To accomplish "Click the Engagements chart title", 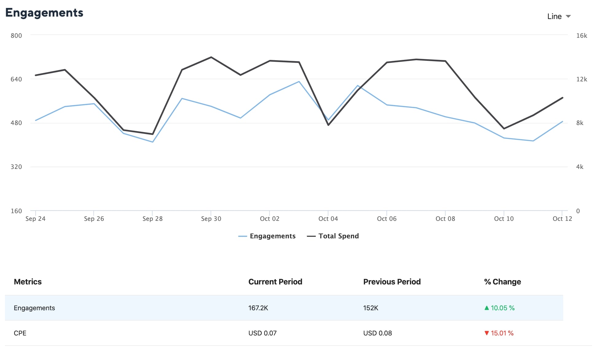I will (44, 13).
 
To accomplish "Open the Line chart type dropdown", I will (559, 17).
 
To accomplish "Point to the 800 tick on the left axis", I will (16, 36).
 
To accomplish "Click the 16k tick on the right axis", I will (581, 36).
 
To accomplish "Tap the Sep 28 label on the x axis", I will (152, 219).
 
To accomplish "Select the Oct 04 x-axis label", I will (328, 219).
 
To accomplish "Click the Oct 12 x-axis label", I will (562, 219).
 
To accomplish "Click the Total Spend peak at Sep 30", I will (211, 57).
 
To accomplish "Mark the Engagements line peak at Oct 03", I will (299, 82).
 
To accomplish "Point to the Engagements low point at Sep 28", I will (153, 142).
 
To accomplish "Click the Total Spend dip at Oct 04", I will (328, 125).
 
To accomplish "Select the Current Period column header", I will (275, 282).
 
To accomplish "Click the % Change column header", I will (502, 282).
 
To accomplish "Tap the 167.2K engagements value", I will (258, 308).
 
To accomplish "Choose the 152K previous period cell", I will (371, 308).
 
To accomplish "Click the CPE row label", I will (20, 333).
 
